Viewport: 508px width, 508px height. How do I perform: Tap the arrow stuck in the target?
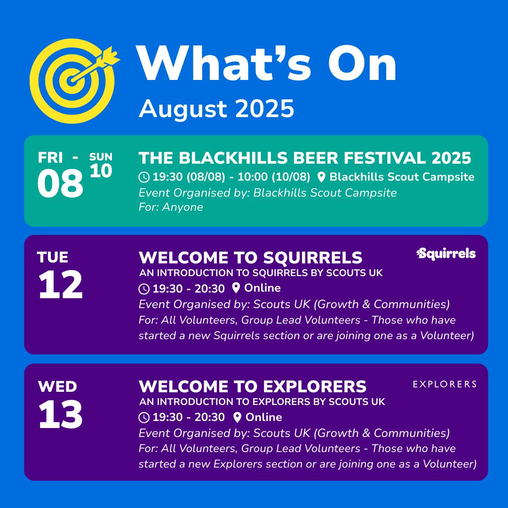pos(94,65)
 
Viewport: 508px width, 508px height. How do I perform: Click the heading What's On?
pos(266,63)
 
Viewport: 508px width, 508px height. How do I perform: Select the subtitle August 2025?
pos(216,109)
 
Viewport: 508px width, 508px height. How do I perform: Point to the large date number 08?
pos(60,183)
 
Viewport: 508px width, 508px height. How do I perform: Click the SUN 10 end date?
pos(101,165)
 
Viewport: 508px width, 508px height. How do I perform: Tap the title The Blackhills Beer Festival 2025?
pos(305,158)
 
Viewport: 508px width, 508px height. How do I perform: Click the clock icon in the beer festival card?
pos(144,177)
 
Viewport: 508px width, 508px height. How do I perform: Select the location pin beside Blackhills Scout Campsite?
pos(321,177)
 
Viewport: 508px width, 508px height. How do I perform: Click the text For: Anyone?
pos(171,206)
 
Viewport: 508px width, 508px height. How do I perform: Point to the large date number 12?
pos(61,285)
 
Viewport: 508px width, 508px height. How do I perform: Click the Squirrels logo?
pos(446,254)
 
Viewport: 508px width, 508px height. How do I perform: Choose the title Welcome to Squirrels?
pos(250,258)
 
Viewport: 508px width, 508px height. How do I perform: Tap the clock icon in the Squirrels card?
pos(144,289)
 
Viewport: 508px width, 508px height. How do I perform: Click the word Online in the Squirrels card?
pos(262,288)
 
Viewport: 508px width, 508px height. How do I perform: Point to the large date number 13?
pos(61,414)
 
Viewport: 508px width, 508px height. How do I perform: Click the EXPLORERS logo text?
pos(444,384)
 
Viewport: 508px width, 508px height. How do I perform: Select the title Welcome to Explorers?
pos(253,387)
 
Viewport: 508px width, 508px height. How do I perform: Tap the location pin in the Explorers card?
pos(237,417)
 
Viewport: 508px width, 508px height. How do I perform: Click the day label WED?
pos(57,387)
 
